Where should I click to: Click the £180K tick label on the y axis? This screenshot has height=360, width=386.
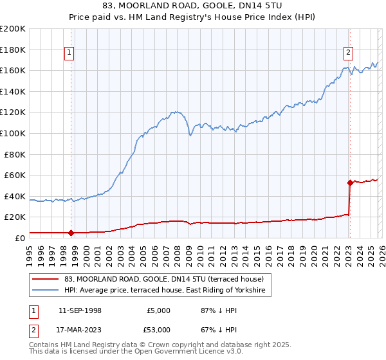click(x=13, y=50)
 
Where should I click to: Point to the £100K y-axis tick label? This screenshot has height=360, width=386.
click(x=13, y=133)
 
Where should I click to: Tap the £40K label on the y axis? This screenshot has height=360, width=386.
click(x=15, y=196)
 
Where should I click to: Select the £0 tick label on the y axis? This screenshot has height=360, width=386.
click(x=19, y=238)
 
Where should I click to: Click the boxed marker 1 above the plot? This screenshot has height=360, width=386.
click(x=69, y=53)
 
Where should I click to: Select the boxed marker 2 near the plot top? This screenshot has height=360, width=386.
click(x=348, y=53)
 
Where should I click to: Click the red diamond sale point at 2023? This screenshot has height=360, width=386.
click(x=350, y=183)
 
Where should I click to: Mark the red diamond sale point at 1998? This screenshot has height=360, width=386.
click(x=71, y=233)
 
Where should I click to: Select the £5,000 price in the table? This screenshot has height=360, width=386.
click(x=158, y=310)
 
